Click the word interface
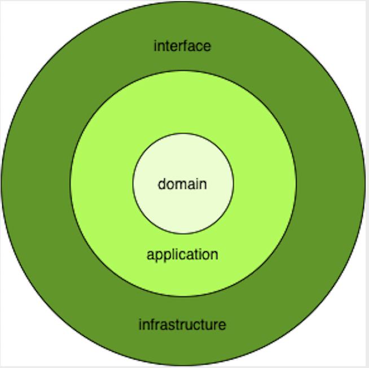(x=182, y=46)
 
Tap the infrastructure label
(x=182, y=325)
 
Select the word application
(x=182, y=255)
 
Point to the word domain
(x=182, y=184)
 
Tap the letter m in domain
(x=178, y=184)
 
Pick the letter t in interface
(x=166, y=46)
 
